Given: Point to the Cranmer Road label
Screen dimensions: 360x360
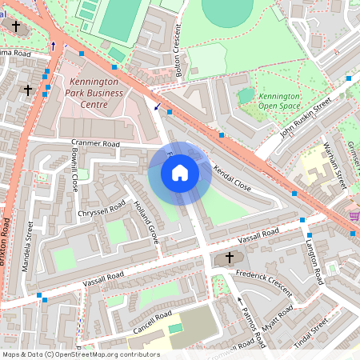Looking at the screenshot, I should coord(96,144).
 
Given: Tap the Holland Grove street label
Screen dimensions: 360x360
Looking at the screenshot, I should coord(146,221).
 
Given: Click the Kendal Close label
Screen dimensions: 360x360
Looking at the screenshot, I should coord(233,180).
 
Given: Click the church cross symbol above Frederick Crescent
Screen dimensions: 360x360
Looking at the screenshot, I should coord(230,258).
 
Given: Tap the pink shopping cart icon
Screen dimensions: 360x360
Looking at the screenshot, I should coord(354,216).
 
